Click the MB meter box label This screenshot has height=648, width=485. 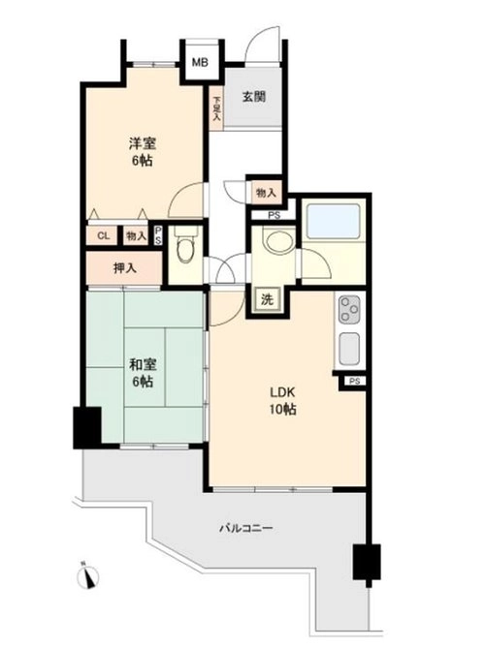coord(200,62)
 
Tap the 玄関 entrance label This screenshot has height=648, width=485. coord(253,97)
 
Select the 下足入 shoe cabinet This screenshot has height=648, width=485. coord(216,108)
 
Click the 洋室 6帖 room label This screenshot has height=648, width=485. coord(143,152)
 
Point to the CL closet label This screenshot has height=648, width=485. coord(104,235)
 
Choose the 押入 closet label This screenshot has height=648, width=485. coord(124,268)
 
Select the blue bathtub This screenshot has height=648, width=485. coord(333,221)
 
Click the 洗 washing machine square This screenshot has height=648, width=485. coord(267,299)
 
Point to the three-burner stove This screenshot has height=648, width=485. coord(349,309)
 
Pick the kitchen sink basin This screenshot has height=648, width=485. coord(349,348)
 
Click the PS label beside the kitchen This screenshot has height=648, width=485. coord(355,381)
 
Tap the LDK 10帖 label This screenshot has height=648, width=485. coord(283,400)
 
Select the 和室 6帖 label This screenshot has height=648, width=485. coord(143,373)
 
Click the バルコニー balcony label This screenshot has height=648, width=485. coord(246,528)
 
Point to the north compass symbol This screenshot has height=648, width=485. coord(87,575)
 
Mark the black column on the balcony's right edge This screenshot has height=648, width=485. coord(367,562)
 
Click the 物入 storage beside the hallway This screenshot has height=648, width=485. coord(266,193)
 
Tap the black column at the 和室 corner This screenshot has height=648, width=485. coord(87,428)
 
